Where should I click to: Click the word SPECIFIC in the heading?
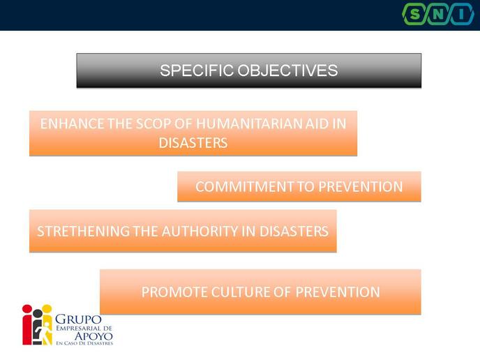tap(197, 70)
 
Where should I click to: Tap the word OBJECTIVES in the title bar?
tap(287, 70)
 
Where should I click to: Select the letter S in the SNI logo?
tap(415, 14)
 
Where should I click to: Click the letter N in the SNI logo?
tap(437, 14)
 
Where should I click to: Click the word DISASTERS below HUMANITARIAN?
tap(193, 143)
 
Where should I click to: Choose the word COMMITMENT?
tap(244, 187)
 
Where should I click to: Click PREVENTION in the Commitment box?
tap(360, 187)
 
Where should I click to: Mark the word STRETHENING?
tap(83, 231)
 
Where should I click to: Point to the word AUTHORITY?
tap(200, 231)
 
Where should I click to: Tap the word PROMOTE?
tap(174, 292)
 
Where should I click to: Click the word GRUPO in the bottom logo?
tap(78, 320)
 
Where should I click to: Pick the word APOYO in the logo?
tap(93, 336)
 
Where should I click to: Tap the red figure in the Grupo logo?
tap(27, 324)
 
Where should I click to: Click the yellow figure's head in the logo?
tap(47, 308)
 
